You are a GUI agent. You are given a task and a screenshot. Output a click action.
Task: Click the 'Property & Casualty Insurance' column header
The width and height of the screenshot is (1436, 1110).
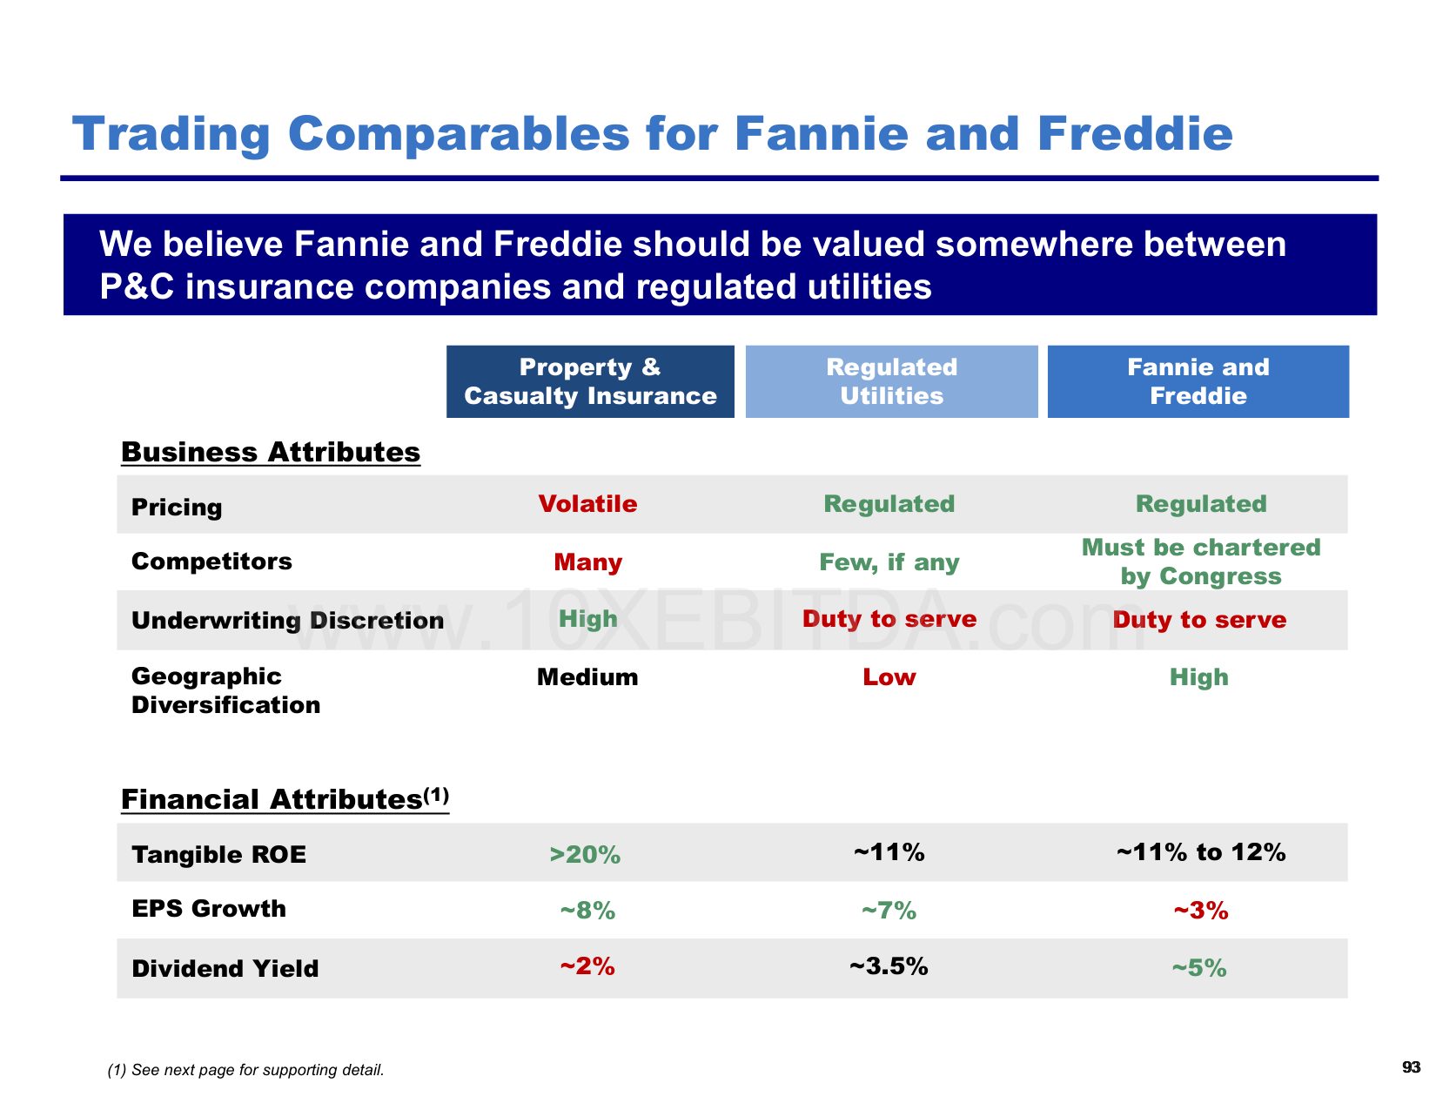pos(589,380)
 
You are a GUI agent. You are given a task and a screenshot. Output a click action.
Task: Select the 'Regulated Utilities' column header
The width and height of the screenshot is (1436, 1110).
pos(891,380)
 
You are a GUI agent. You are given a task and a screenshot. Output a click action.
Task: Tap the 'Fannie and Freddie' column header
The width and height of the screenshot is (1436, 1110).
pos(1198,380)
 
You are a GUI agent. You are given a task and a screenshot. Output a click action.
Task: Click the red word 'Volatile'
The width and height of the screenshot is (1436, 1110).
pos(587,504)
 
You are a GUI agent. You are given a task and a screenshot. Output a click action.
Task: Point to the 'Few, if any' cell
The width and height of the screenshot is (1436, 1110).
pos(889,562)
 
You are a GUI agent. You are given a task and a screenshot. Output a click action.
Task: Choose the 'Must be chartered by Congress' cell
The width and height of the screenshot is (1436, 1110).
pos(1201,562)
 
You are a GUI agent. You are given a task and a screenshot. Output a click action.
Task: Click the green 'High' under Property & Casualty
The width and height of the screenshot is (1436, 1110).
pos(587,619)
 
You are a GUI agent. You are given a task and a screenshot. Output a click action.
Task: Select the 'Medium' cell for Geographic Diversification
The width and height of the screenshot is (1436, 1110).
pos(587,677)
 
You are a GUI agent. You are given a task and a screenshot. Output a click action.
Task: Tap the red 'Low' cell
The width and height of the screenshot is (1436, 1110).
pos(889,677)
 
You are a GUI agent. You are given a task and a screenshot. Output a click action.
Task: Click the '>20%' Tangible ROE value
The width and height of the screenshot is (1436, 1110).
pos(585,854)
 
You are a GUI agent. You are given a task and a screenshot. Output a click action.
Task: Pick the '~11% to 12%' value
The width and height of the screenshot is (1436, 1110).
pos(1201,851)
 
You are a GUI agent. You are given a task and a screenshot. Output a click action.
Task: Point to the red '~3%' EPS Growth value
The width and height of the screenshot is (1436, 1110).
pos(1201,911)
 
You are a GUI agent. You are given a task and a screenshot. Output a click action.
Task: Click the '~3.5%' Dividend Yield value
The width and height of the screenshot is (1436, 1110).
pos(889,965)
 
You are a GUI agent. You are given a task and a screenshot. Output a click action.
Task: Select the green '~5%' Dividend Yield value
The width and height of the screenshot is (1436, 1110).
pos(1198,968)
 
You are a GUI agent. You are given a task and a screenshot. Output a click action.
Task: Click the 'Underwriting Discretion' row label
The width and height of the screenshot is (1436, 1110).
pos(287,620)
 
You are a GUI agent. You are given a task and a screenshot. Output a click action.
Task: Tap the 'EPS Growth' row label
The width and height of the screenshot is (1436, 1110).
pos(209,908)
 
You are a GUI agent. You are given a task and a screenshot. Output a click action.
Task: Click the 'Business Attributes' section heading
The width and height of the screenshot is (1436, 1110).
pos(271,452)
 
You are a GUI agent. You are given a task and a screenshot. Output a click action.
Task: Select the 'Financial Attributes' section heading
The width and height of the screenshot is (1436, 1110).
pos(285,799)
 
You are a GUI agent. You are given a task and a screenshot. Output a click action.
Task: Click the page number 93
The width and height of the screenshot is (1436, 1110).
pos(1411,1067)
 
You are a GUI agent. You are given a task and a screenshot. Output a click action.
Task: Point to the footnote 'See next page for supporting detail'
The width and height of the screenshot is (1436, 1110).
pos(257,1070)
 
